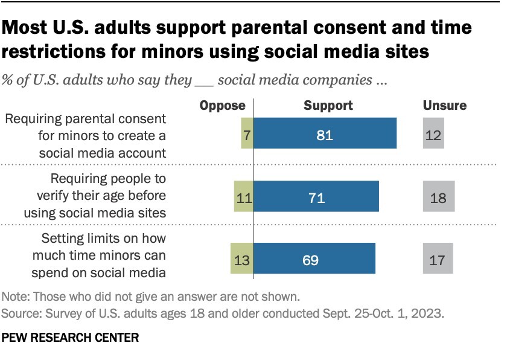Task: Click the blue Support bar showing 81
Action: [325, 133]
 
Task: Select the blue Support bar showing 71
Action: [316, 196]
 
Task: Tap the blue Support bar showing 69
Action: [314, 260]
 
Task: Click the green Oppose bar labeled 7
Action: [247, 133]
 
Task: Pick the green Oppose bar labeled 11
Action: [243, 196]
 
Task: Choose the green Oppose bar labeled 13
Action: [241, 260]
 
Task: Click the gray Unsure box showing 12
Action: [433, 133]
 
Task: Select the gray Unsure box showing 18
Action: [438, 196]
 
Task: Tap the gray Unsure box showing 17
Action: [438, 260]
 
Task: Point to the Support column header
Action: [328, 106]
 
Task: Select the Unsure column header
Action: [444, 106]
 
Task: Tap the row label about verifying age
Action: [95, 196]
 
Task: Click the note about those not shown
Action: [150, 297]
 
